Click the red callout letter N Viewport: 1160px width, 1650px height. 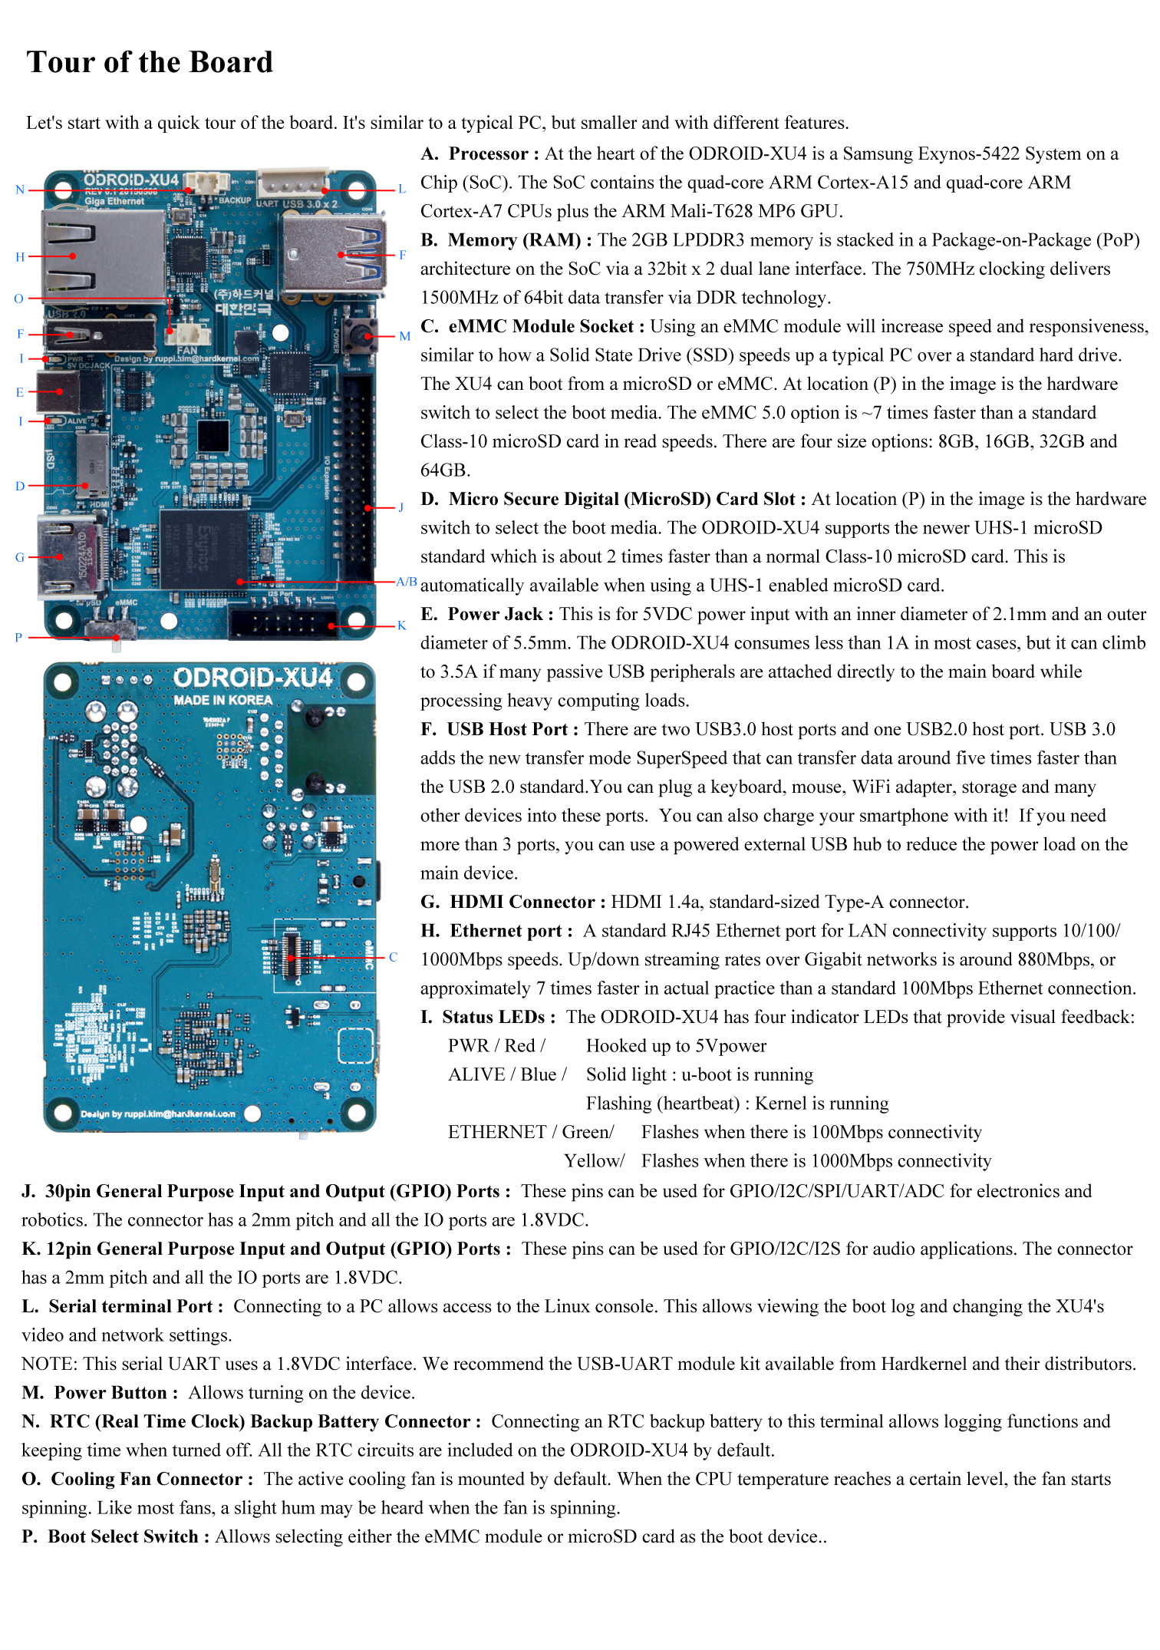pos(20,190)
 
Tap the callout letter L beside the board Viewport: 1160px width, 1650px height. pos(401,189)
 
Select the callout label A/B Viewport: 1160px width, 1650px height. pos(406,582)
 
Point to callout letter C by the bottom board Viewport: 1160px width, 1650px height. pos(393,957)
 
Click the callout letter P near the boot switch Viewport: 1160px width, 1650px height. pos(18,637)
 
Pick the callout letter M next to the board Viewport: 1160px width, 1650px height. pos(404,336)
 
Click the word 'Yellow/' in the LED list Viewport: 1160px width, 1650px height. pos(594,1161)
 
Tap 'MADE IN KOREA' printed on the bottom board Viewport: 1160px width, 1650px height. pos(222,700)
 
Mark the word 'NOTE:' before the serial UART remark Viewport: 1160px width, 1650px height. pos(49,1364)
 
